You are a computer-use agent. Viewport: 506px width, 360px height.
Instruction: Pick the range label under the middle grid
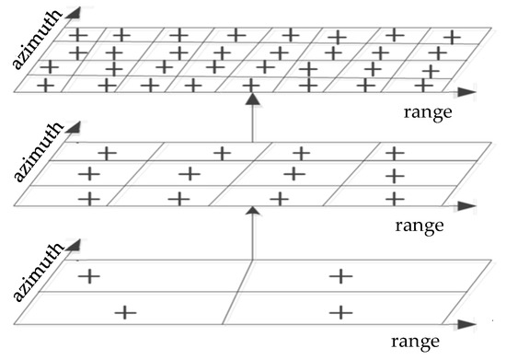click(420, 224)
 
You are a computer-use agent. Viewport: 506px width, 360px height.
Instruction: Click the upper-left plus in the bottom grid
click(89, 275)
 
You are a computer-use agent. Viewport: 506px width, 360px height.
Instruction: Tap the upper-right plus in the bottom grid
click(341, 275)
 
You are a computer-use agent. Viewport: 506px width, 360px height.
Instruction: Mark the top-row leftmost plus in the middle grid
click(107, 153)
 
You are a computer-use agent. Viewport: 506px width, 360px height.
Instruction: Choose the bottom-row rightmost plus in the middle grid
click(394, 198)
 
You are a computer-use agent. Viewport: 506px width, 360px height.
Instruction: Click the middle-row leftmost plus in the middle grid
click(89, 173)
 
